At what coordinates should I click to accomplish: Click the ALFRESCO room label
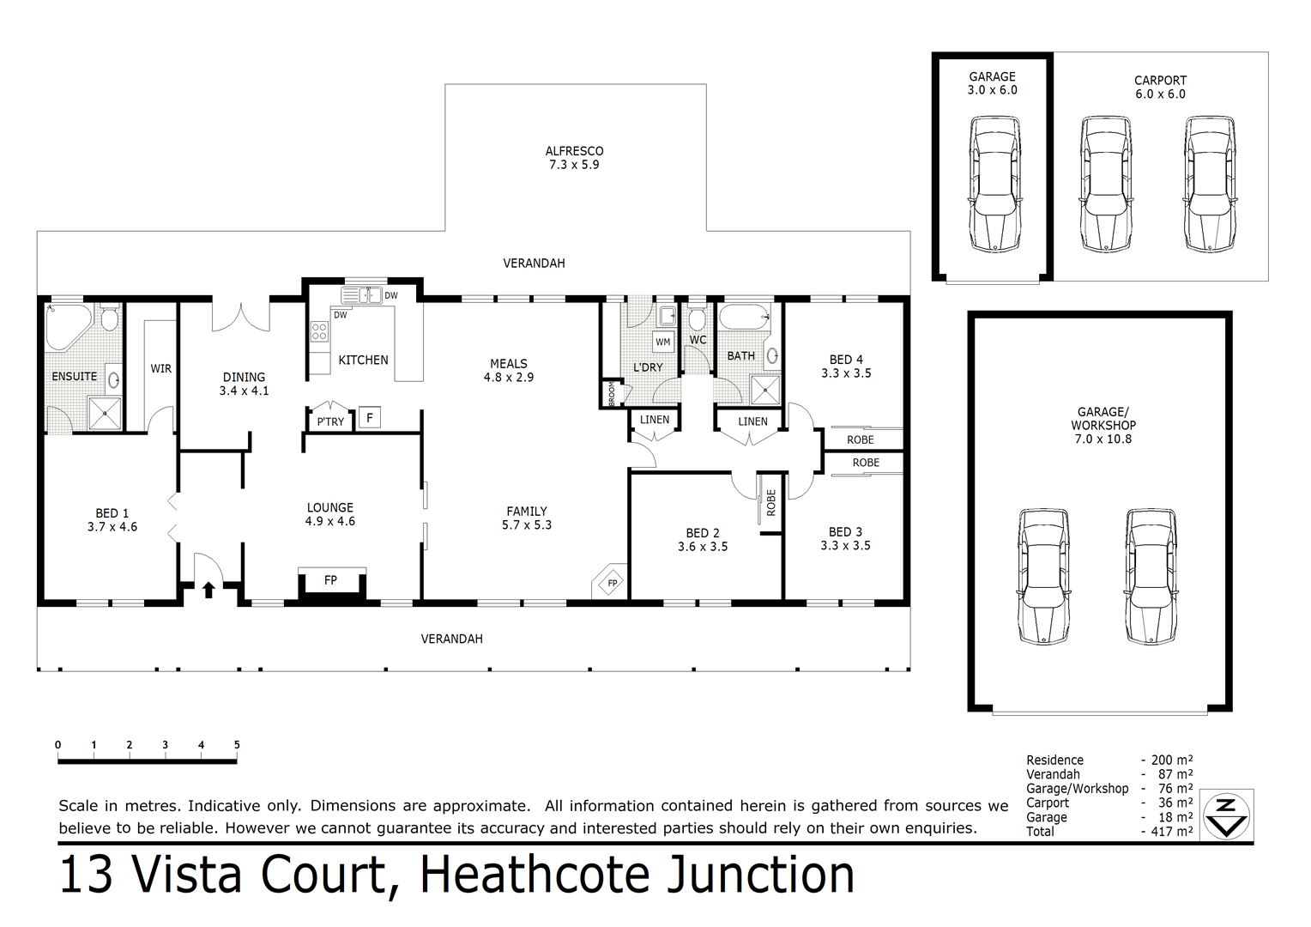574,151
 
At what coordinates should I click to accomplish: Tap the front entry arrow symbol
208,589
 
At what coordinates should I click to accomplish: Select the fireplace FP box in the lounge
330,580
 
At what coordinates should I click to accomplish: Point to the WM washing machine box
663,342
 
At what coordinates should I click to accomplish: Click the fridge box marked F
369,418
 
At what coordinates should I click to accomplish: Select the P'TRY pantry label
330,421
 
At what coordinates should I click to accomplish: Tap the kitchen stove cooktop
319,331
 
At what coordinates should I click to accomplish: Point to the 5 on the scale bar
237,745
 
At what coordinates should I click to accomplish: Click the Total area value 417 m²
1172,831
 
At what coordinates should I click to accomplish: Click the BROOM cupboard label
612,394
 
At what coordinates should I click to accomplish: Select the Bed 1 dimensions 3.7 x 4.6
112,527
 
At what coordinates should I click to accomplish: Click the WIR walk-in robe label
161,368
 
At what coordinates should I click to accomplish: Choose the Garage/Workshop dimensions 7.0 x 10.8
1103,439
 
